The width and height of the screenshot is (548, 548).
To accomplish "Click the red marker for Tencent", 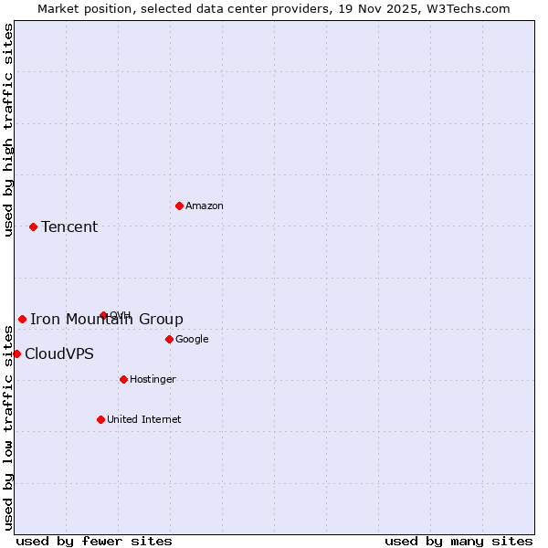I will [33, 227].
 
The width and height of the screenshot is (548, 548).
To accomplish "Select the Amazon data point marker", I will [179, 205].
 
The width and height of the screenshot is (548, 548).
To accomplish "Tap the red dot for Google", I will [169, 339].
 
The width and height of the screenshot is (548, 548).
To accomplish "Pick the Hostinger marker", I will [123, 379].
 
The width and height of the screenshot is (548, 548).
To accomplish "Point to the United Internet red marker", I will [100, 419].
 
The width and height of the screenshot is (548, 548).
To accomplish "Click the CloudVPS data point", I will [16, 353].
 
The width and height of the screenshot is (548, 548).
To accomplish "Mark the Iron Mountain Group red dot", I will [22, 319].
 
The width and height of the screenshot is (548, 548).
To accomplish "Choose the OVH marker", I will [103, 315].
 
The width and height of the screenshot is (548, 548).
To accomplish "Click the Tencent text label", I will [69, 227].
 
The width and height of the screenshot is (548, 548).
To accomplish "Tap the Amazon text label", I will [205, 206].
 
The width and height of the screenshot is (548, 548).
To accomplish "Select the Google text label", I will [192, 340].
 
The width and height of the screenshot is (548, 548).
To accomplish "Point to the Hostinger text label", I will [153, 380].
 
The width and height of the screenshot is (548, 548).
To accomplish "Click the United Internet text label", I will [143, 420].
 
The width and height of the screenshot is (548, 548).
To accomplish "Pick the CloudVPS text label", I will [59, 354].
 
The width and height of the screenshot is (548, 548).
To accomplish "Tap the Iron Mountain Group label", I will [107, 320].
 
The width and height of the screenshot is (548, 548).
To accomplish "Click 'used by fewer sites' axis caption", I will [94, 541].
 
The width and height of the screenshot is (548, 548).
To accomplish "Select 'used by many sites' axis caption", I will [458, 541].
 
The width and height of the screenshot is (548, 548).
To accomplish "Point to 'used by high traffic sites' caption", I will [8, 130].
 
